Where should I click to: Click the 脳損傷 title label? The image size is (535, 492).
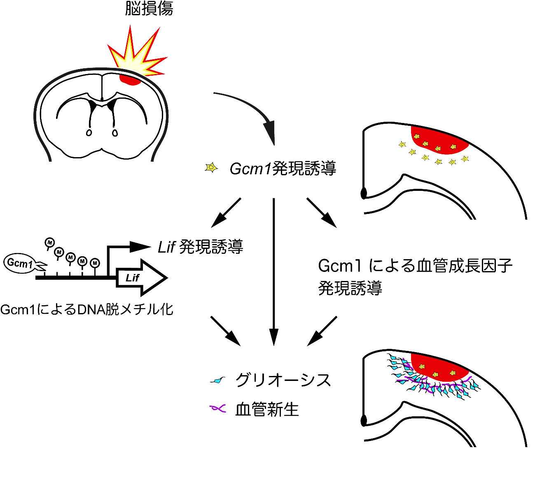(149, 9)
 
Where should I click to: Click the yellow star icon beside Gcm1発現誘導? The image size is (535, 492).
(211, 167)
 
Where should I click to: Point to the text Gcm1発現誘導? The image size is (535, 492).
(283, 169)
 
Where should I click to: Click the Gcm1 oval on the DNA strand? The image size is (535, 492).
(20, 263)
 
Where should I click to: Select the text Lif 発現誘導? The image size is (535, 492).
(201, 247)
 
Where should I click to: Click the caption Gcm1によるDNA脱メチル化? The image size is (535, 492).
(87, 309)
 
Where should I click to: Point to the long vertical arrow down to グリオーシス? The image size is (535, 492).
(273, 272)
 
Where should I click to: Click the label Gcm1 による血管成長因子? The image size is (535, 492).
(415, 266)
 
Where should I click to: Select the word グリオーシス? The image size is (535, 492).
(283, 380)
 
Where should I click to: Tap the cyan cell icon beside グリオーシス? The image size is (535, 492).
(218, 381)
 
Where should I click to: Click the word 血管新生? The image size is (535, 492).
(267, 410)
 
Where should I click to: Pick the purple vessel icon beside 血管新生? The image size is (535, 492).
(218, 408)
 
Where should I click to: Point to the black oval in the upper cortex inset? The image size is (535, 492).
(364, 193)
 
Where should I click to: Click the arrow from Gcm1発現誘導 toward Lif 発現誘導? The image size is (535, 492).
(226, 212)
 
